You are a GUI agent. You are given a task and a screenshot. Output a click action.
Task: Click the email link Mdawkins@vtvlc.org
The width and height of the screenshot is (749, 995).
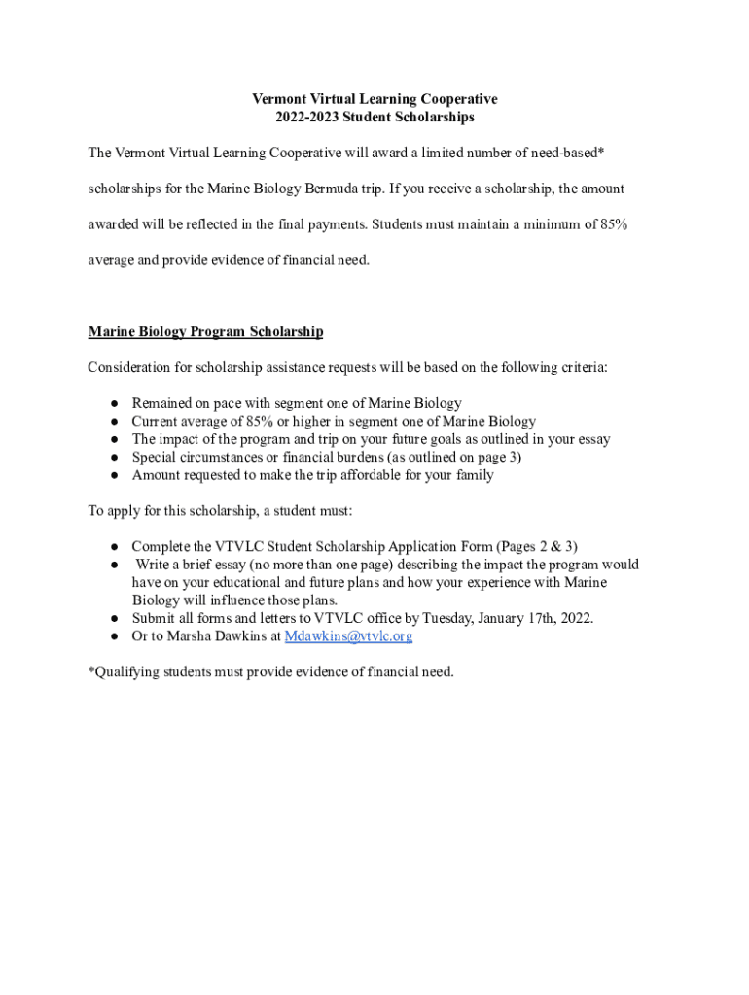348,636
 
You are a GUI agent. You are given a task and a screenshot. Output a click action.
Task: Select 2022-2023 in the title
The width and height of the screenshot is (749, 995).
304,118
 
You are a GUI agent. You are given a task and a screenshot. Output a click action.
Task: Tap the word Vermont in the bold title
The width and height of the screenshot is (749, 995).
281,99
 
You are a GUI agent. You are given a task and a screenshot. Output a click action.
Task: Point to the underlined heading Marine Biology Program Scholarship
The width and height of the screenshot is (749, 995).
205,332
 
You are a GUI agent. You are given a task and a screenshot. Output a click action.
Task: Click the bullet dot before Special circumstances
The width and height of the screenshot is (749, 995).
114,458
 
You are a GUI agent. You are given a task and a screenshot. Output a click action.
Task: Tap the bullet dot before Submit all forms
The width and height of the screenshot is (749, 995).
114,618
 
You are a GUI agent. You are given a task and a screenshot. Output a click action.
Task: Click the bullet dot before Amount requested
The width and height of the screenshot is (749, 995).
114,476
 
